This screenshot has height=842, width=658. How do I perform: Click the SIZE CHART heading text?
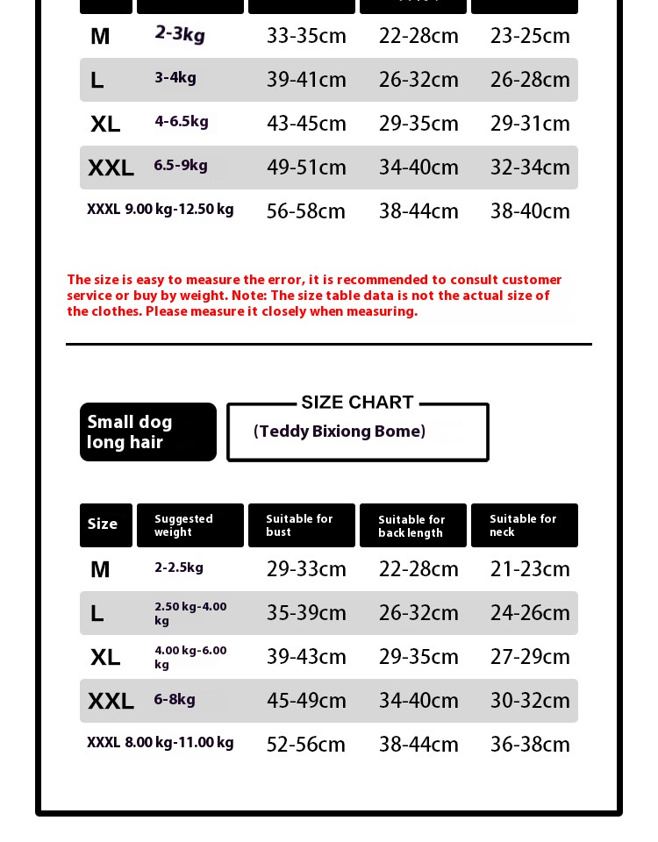[357, 403]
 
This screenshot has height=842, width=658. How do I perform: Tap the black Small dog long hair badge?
[147, 432]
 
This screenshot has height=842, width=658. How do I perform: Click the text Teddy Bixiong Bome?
[340, 431]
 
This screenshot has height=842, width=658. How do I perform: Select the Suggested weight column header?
[190, 525]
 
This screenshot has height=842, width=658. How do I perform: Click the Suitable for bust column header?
[301, 525]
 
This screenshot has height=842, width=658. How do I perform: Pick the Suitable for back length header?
[412, 526]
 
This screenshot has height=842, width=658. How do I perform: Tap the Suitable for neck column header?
[524, 525]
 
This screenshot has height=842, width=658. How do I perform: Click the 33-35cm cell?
[306, 36]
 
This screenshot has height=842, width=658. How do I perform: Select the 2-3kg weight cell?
[180, 34]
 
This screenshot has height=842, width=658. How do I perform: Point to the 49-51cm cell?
[306, 168]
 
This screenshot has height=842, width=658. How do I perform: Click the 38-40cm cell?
[530, 211]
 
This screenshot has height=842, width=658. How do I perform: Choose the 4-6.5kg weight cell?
[182, 121]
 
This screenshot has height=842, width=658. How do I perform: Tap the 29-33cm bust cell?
[306, 569]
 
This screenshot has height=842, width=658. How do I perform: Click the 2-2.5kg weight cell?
[179, 567]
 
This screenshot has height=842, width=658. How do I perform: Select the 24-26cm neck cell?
[530, 613]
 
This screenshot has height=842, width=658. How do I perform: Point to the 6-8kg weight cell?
[175, 699]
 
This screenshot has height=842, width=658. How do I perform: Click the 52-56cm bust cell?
[306, 745]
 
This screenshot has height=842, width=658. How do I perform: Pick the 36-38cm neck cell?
[530, 745]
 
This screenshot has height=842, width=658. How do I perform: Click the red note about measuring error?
[314, 296]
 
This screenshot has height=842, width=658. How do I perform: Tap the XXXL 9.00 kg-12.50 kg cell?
[161, 210]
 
